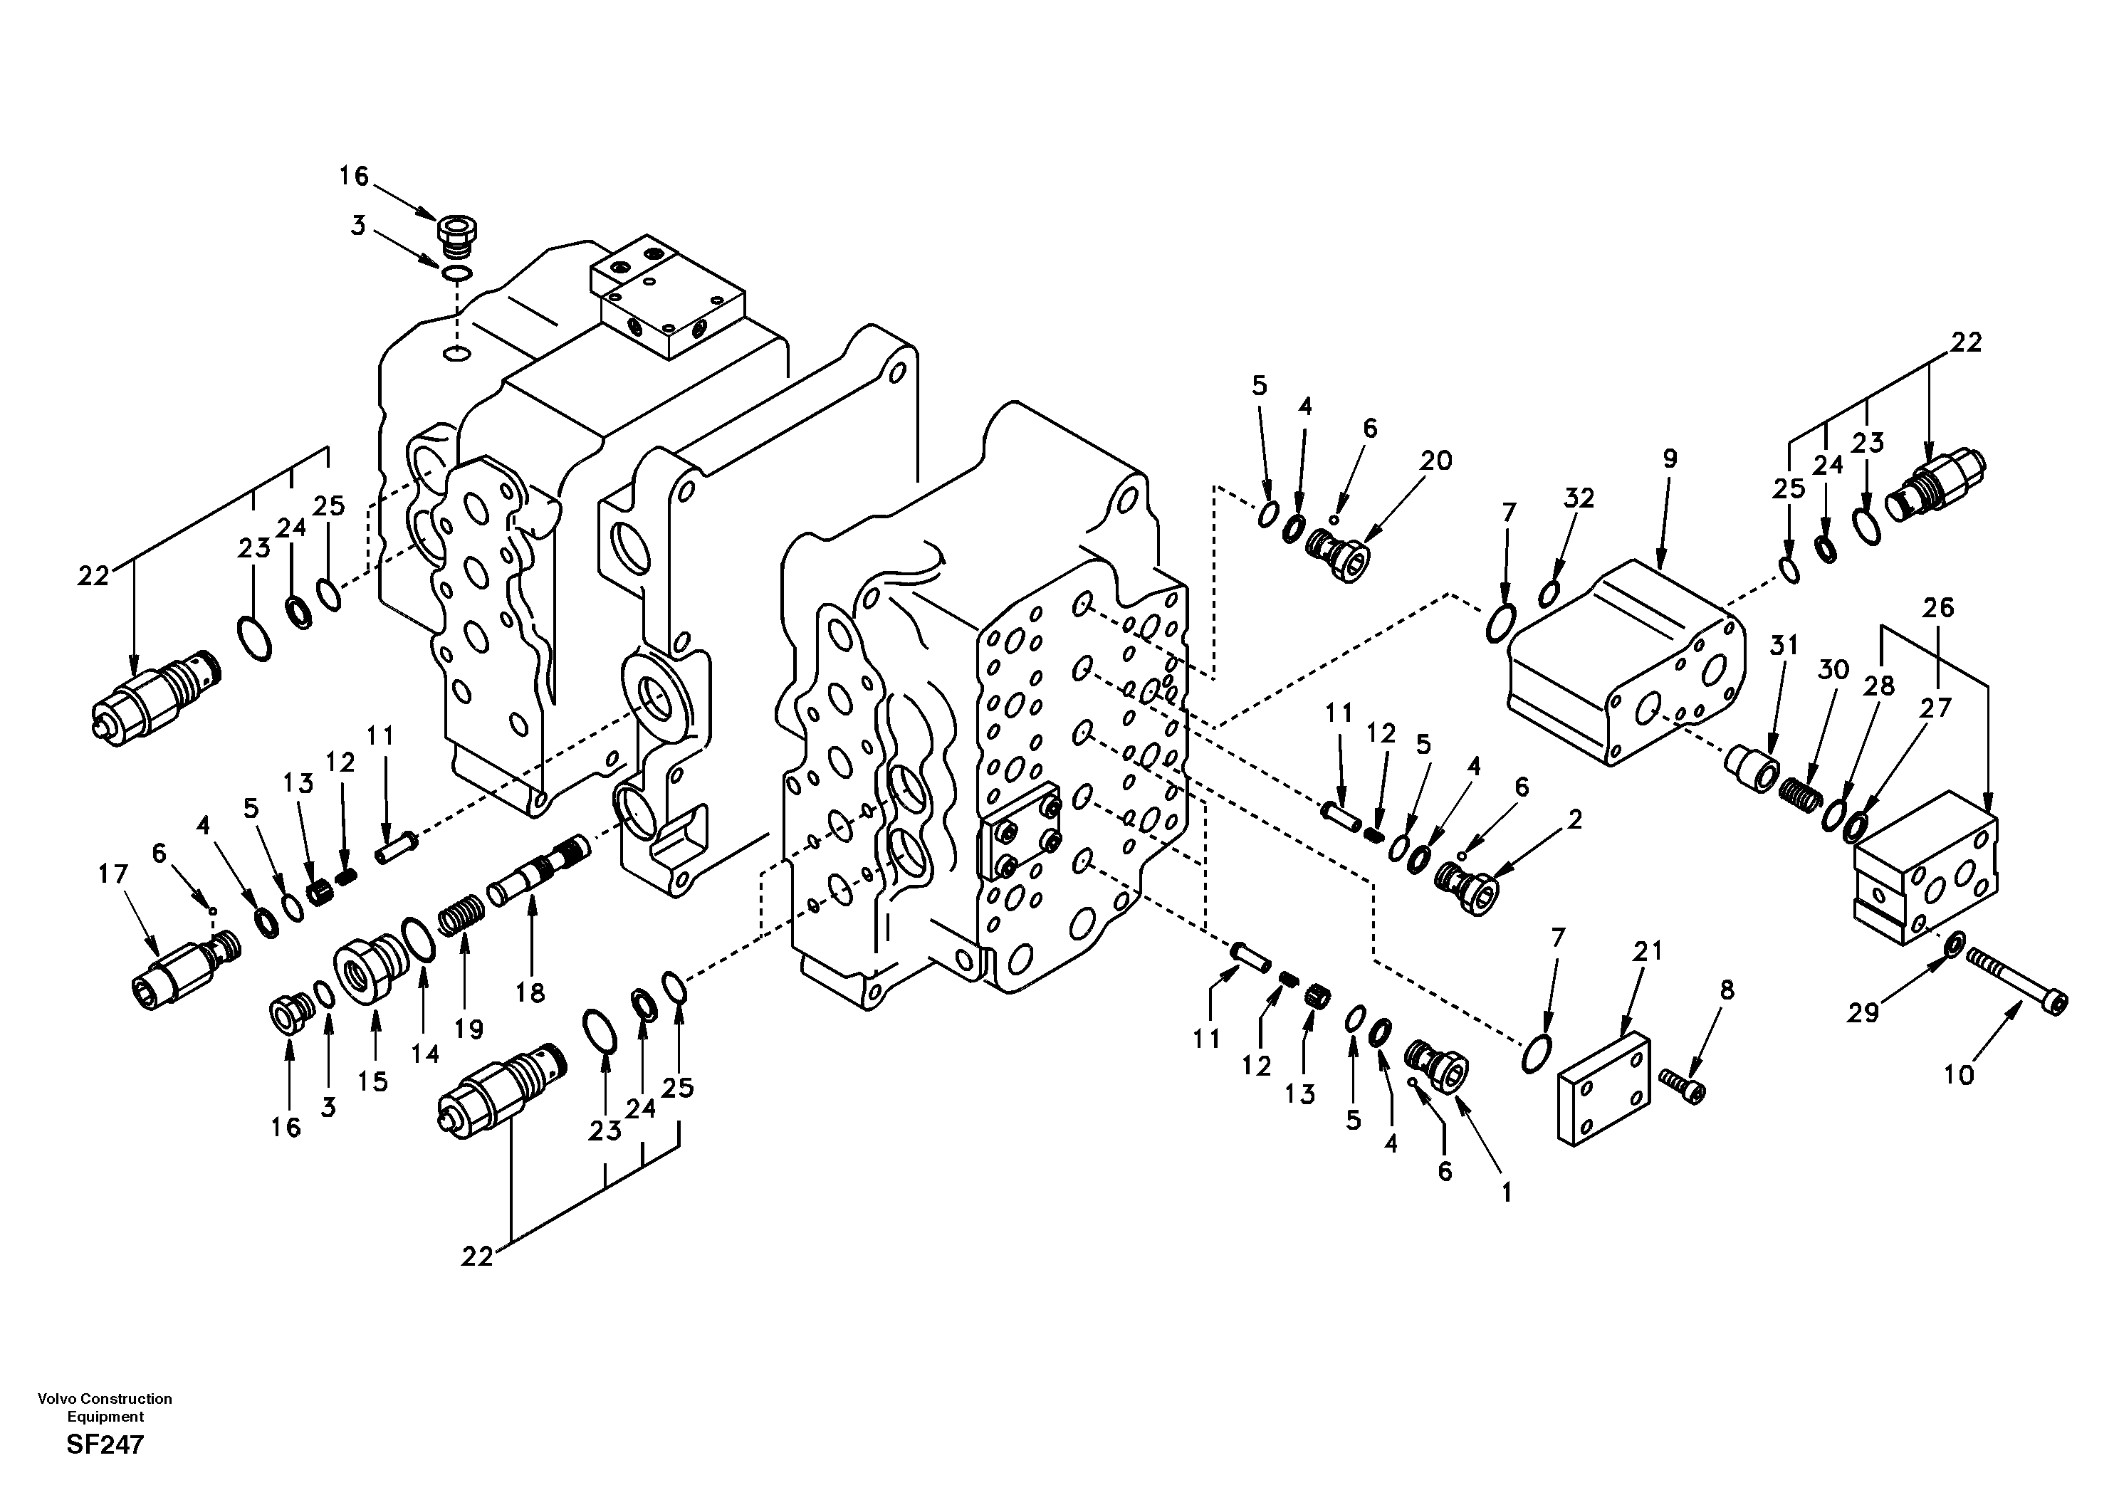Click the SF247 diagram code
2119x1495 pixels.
click(105, 1444)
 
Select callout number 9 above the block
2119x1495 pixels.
click(1670, 458)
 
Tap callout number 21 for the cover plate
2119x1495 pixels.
click(1648, 950)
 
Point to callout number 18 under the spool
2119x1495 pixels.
click(530, 992)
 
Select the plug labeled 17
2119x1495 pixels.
click(184, 969)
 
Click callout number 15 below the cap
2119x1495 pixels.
click(373, 1081)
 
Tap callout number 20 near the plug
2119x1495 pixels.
click(1436, 460)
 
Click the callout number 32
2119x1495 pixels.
click(1579, 498)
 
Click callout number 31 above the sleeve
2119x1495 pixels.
click(1784, 645)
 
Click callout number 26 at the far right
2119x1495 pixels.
click(1938, 607)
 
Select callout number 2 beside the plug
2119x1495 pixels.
click(1574, 819)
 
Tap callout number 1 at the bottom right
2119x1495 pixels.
click(1506, 1192)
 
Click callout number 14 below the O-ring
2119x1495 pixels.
click(426, 1053)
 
